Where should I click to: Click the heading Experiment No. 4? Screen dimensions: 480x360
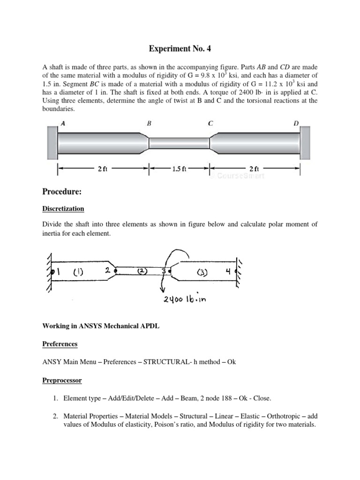tap(180, 48)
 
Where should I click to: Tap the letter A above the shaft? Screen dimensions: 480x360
tap(63, 123)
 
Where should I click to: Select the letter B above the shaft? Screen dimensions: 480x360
tap(149, 123)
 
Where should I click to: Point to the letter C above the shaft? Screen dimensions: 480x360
tap(210, 123)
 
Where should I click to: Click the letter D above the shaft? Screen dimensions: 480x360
tap(296, 123)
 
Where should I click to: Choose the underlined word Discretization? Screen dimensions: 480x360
tap(63, 209)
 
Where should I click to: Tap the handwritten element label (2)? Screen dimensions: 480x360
tap(141, 271)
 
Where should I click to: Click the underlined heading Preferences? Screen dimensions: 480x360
tap(60, 344)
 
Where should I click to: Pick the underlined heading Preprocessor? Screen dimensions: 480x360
tap(62, 381)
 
